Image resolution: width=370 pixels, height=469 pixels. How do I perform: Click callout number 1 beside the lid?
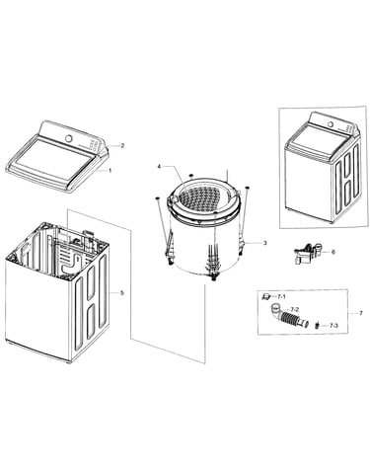pos(111,171)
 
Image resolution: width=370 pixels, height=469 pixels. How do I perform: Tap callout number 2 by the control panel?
pos(122,145)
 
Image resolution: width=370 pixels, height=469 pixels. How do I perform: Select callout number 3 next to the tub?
pos(264,243)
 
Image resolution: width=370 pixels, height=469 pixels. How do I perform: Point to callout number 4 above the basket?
pos(159,167)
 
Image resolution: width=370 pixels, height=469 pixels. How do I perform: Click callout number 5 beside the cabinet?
pos(122,292)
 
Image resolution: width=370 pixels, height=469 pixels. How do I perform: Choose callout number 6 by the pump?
pos(333,252)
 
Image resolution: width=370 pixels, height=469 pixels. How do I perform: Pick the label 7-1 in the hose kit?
pos(281,297)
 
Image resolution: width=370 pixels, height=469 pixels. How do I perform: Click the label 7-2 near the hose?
pos(294,310)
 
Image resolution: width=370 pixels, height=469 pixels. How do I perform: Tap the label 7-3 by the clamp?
pos(333,326)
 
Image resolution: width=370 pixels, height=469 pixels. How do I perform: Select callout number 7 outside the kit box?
pos(361,313)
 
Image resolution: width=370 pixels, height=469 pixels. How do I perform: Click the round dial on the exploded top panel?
pos(69,138)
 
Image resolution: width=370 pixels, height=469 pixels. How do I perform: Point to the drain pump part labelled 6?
pos(308,253)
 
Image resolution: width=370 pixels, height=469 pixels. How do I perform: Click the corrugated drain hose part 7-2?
pos(289,316)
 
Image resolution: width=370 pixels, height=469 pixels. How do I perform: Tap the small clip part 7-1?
pos(265,296)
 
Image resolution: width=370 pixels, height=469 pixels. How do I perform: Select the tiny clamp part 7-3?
pos(318,326)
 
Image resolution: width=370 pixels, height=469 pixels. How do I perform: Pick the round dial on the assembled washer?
pos(330,124)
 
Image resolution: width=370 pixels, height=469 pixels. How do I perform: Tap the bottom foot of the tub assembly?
pos(214,278)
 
